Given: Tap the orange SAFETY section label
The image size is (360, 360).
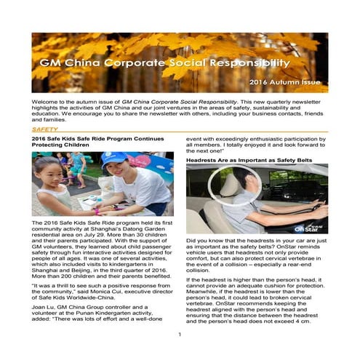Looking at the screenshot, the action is [x=45, y=129].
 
